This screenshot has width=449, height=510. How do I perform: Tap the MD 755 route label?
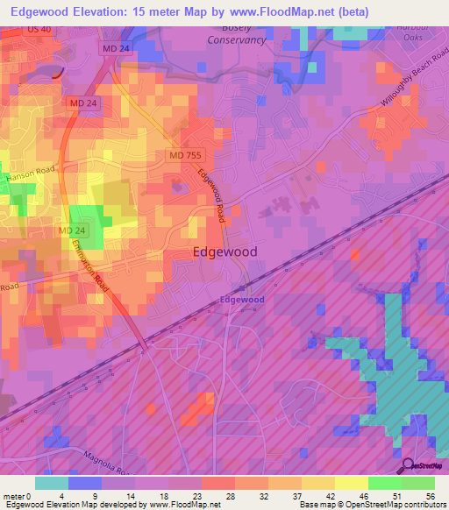tap(183, 155)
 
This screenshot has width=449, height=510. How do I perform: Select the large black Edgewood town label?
tap(224, 251)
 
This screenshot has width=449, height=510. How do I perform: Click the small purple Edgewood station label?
tap(241, 300)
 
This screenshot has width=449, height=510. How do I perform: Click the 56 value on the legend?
tap(429, 496)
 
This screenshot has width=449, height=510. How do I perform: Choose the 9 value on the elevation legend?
tap(95, 496)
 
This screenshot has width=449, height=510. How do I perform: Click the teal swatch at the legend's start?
tap(52, 483)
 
